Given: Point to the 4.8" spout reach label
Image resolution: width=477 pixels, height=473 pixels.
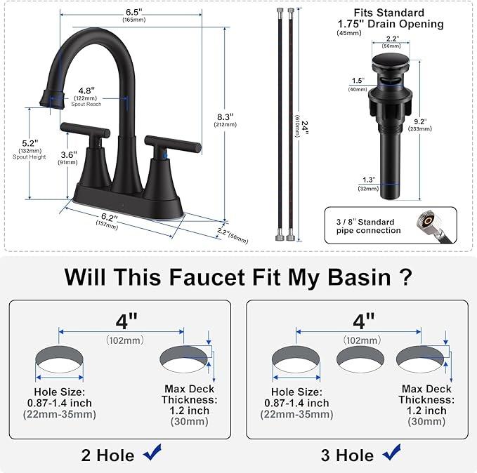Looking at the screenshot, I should pyautogui.click(x=86, y=91).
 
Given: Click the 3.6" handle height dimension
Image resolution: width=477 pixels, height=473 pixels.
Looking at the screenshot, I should pyautogui.click(x=69, y=154).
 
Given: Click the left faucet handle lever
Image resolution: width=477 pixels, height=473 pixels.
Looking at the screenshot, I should pyautogui.click(x=84, y=128).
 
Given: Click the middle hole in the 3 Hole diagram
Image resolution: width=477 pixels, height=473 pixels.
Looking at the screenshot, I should pyautogui.click(x=360, y=359).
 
